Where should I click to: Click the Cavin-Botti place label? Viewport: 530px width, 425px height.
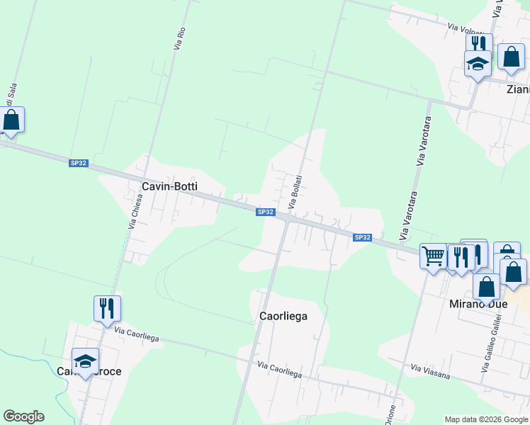[x=169, y=186]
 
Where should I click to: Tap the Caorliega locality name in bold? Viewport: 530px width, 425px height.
[x=279, y=316]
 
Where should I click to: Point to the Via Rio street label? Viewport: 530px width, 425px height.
[x=179, y=38]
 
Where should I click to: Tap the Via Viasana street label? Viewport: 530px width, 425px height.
[x=430, y=370]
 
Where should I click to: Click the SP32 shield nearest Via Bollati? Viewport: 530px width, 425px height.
[x=265, y=212]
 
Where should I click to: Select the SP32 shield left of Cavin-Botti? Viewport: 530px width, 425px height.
[x=79, y=163]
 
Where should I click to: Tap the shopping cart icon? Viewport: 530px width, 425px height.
[x=433, y=255]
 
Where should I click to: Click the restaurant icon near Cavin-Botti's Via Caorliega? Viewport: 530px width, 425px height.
[x=107, y=308]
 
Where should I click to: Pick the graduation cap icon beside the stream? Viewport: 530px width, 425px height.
[x=85, y=361]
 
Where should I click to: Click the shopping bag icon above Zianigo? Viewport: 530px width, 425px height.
[x=511, y=57]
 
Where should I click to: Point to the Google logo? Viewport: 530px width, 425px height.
[x=23, y=416]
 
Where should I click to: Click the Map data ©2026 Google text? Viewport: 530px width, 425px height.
[x=485, y=419]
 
